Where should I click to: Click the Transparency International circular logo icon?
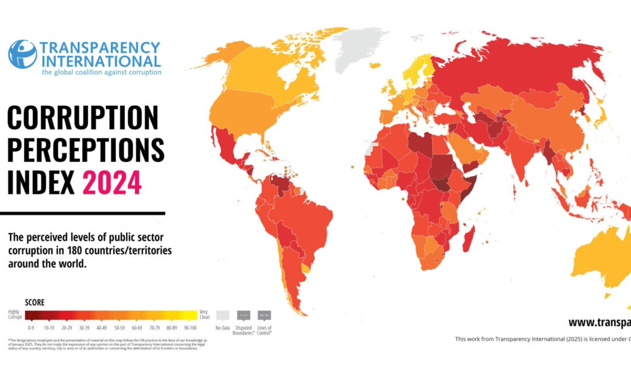click(x=22, y=54)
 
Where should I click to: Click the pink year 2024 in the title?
click(x=112, y=182)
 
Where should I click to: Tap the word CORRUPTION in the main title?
click(x=82, y=119)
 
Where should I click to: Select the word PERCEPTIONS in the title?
click(x=85, y=150)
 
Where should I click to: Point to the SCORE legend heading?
click(x=34, y=303)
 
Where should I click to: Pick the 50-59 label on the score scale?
click(x=119, y=328)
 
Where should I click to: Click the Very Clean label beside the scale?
click(x=204, y=314)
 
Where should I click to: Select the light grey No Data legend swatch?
click(x=222, y=315)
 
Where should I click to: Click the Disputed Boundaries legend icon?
click(x=243, y=315)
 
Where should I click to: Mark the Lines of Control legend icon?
click(x=264, y=315)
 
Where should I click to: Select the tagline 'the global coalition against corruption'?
click(x=101, y=72)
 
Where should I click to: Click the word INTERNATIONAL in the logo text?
click(x=100, y=61)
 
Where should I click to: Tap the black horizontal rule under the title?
click(x=82, y=214)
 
